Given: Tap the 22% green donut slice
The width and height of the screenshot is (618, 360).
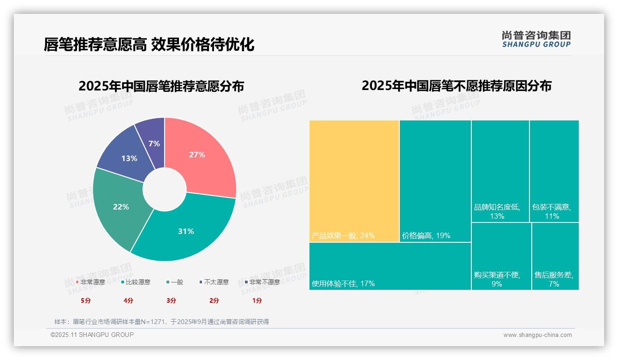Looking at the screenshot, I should coord(121,206).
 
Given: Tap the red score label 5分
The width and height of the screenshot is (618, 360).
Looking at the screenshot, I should coord(86,300).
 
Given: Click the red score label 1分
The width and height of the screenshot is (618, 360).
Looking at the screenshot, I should coord(257,300).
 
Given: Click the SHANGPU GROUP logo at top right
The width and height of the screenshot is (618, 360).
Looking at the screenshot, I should coord(536,39).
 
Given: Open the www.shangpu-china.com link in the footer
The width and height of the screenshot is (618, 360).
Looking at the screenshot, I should coord(537,335).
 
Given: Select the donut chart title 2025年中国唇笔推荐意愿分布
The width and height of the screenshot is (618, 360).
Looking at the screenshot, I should coord(161,86).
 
